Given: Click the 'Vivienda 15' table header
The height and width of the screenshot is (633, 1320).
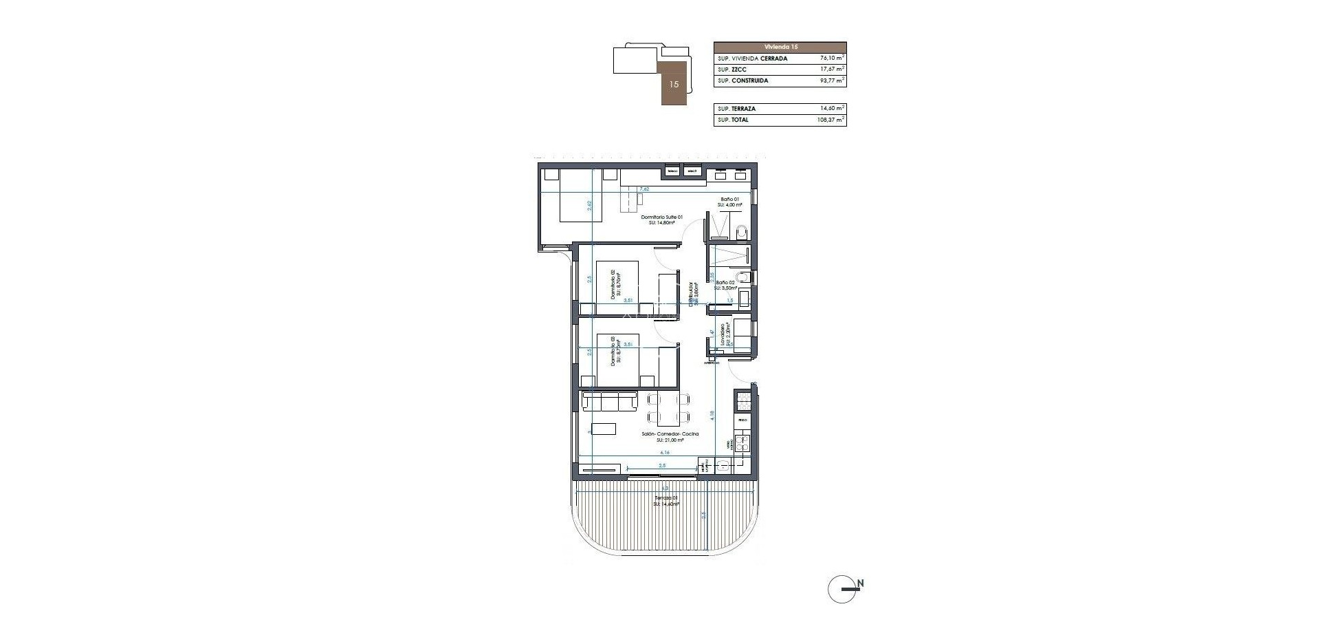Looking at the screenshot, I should tap(780, 47).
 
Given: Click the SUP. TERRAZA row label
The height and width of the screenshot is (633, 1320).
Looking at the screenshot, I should tap(736, 109).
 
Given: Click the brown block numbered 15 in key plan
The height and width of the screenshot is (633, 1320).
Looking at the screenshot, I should tap(674, 84).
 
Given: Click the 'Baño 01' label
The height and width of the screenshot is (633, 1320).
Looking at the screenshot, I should tap(729, 199).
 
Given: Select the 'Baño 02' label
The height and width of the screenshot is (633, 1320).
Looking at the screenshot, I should tap(725, 283).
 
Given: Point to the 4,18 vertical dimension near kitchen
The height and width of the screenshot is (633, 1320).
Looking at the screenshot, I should tap(712, 416).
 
